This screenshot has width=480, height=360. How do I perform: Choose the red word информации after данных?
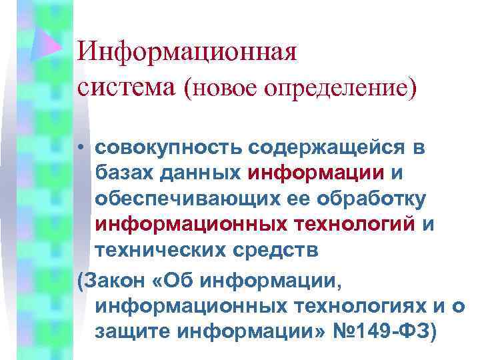(316, 173)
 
